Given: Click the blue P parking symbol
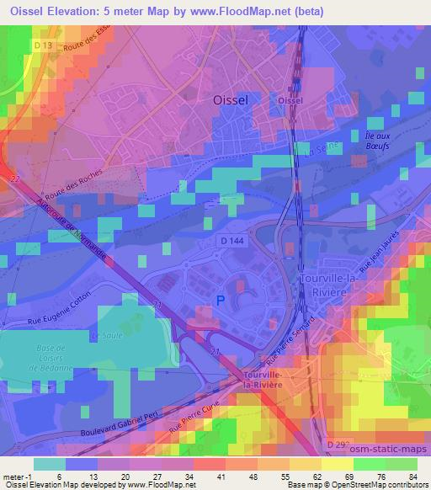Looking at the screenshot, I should (x=221, y=300).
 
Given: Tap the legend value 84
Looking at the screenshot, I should (x=412, y=477).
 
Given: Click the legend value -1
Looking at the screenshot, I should (x=19, y=477).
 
